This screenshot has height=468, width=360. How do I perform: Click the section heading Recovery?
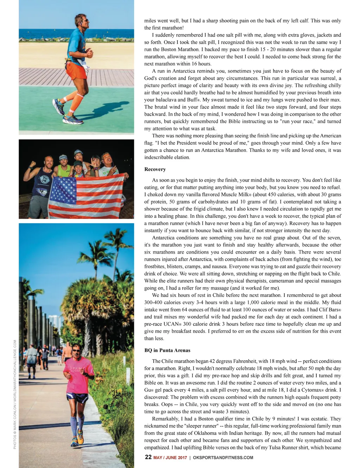(x=155, y=169)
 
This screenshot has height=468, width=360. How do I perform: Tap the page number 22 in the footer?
(x=148, y=457)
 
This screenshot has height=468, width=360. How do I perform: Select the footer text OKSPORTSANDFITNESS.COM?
(x=223, y=457)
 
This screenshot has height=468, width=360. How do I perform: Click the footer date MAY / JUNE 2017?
(x=170, y=457)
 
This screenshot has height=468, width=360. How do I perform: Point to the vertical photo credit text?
(x=15, y=394)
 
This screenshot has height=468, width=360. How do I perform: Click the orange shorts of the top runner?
(x=76, y=70)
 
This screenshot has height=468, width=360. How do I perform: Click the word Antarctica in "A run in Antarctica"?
(x=186, y=71)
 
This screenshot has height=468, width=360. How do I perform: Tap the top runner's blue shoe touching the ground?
(x=73, y=119)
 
